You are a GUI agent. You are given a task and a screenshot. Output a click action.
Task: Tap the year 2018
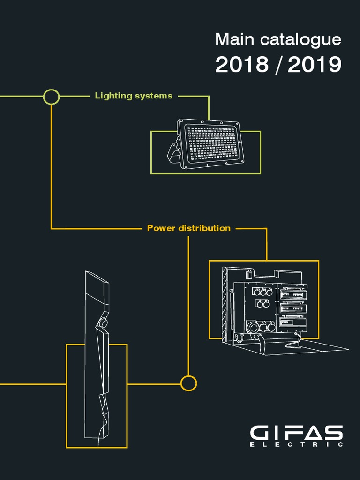(241, 65)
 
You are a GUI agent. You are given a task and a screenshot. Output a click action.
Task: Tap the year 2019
(315, 65)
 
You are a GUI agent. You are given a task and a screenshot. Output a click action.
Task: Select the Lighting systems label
(134, 96)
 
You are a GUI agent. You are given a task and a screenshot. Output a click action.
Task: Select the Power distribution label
(188, 228)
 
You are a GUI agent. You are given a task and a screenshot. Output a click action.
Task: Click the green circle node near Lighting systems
(51, 97)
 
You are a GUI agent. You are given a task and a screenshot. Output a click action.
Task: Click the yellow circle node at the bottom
(188, 383)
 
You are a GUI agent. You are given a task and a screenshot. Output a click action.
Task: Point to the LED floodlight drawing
(211, 144)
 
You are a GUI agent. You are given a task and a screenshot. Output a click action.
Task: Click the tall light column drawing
(97, 356)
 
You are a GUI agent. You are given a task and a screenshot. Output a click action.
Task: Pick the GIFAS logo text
(296, 432)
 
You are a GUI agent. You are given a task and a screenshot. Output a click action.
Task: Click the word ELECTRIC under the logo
(296, 444)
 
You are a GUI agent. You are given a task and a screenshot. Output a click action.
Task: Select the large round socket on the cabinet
(254, 327)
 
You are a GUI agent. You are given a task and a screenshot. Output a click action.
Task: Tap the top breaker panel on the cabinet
(292, 294)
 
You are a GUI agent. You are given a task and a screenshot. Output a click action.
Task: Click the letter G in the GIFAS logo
(259, 432)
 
